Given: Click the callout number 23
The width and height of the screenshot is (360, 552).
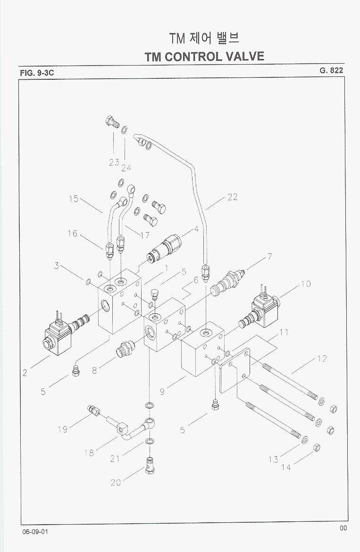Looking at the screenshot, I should coord(114,162).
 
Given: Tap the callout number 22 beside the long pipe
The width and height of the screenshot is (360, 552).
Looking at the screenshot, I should coord(232,197).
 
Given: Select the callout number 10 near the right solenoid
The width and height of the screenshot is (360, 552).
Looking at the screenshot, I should coord(305,284).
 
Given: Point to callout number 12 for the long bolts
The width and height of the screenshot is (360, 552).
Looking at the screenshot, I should coord(322,359).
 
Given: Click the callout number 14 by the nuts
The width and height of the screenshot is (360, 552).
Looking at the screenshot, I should coord(286,467).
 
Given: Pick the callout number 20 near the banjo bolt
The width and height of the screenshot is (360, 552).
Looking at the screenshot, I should coord(116,482).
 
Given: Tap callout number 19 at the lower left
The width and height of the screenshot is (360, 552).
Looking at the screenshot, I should coord(63,429).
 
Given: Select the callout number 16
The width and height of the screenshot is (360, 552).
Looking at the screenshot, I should coord(72,233).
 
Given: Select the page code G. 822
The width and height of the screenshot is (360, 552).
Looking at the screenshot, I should coord(331,70).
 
